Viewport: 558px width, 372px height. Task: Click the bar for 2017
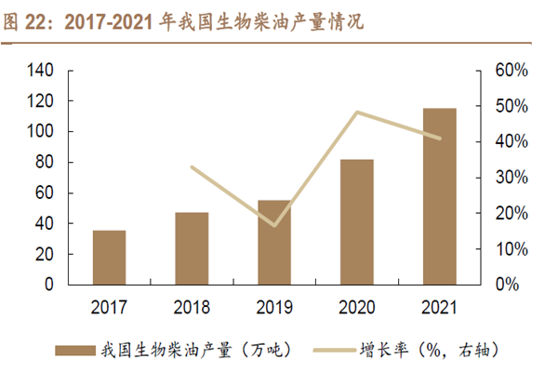click(x=109, y=258)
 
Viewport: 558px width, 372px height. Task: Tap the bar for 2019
click(x=274, y=243)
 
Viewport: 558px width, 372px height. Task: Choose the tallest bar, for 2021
click(x=440, y=196)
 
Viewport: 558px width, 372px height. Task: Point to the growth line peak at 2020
click(x=358, y=113)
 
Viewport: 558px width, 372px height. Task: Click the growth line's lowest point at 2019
click(x=274, y=225)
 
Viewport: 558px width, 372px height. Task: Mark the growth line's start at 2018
click(x=192, y=167)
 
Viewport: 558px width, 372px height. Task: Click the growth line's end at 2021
click(x=440, y=139)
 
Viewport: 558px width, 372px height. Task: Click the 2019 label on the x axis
click(x=274, y=306)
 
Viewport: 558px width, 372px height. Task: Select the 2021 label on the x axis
click(x=440, y=306)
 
